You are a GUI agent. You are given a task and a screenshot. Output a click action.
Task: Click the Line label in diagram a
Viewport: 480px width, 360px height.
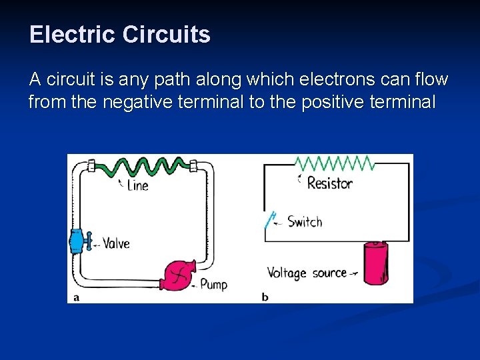tap(137, 185)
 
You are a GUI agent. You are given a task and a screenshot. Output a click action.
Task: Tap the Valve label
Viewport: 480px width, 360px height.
tap(116, 243)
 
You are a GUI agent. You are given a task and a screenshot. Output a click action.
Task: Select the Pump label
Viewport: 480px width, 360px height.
tap(213, 285)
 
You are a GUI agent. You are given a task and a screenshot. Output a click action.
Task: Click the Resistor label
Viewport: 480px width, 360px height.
tap(329, 183)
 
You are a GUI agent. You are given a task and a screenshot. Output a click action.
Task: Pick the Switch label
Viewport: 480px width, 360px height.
tap(305, 222)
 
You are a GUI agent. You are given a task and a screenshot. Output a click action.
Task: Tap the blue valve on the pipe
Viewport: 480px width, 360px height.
tap(77, 241)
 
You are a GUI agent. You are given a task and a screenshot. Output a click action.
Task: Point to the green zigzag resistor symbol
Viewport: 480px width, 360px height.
tap(333, 163)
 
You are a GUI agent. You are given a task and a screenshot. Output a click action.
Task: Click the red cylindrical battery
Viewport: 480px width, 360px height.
tap(375, 264)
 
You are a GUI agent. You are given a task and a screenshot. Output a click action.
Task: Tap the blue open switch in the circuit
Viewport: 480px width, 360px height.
tap(270, 220)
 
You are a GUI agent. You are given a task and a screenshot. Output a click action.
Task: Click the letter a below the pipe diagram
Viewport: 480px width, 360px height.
tap(76, 297)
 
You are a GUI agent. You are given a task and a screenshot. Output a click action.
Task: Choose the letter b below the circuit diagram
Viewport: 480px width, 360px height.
tap(265, 297)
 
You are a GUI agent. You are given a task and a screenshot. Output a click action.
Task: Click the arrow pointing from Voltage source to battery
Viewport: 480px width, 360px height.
tap(354, 273)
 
